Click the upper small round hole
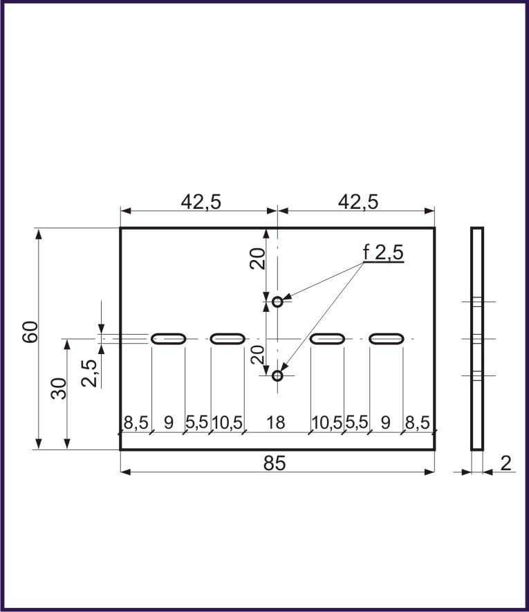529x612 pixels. click(x=277, y=302)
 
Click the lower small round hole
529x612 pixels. click(x=277, y=375)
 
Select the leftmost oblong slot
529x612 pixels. click(x=169, y=338)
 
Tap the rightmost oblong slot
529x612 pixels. click(x=387, y=338)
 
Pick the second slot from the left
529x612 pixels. click(x=228, y=338)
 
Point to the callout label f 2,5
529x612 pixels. click(x=383, y=253)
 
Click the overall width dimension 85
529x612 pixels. click(x=275, y=463)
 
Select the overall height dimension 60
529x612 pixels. click(x=30, y=332)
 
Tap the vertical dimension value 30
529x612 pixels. click(x=59, y=389)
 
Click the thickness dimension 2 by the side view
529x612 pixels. click(x=506, y=463)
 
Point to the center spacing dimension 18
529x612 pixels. click(x=275, y=423)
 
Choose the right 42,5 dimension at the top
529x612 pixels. click(x=358, y=201)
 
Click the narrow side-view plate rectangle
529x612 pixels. click(x=477, y=338)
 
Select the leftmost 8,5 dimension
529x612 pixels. click(x=136, y=423)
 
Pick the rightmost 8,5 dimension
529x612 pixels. click(x=417, y=423)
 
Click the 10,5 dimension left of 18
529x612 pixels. click(x=227, y=423)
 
